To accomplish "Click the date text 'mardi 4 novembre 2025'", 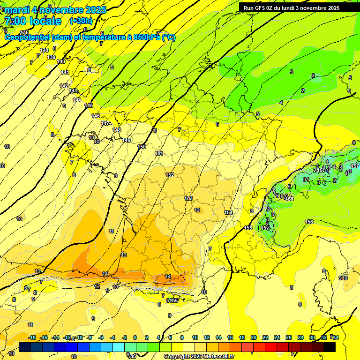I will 55,10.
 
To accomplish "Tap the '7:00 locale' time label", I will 32,21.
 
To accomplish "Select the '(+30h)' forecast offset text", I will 81,21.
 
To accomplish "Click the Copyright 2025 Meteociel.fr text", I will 199,356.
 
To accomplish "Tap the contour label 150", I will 142,147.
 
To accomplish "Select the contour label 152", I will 170,175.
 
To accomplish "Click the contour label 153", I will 188,198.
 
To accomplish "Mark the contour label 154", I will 228,212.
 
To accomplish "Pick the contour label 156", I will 309,222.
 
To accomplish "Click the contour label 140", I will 61,61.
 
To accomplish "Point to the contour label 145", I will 89,105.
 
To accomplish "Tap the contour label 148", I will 117,130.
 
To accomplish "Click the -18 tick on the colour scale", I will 32,337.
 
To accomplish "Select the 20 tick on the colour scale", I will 254,337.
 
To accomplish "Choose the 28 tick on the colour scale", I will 300,337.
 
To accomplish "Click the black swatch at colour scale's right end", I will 330,347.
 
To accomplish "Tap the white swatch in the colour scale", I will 189,347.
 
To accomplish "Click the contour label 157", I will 355,166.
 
